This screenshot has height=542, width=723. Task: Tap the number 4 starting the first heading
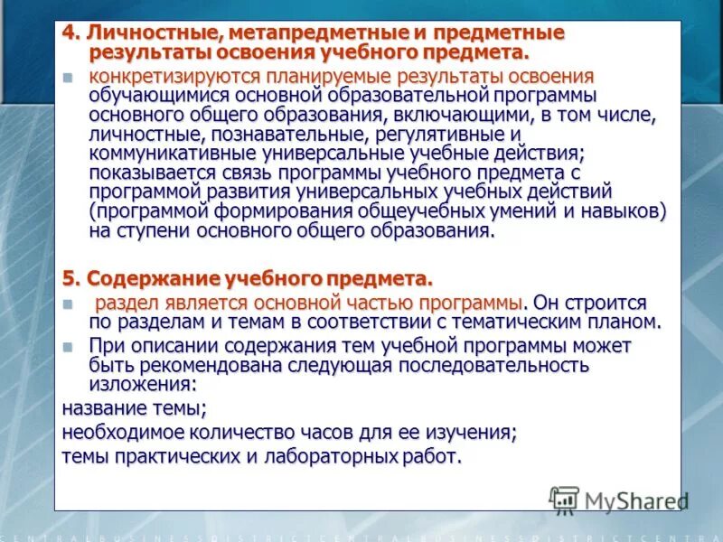point(67,33)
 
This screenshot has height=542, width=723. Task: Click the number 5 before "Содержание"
point(67,276)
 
